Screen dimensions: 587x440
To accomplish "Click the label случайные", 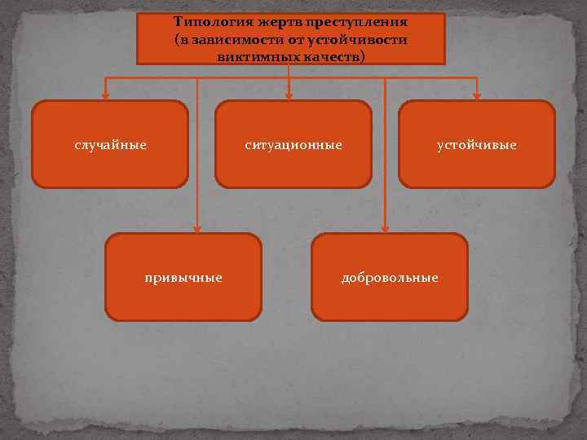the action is (110, 145).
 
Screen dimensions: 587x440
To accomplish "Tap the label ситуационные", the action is (293, 145).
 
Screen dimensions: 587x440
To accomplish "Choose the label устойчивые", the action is (477, 145).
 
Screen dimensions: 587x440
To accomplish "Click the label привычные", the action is (183, 278).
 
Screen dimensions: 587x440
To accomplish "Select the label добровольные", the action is (390, 278).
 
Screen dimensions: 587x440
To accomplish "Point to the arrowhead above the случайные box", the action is (104, 96).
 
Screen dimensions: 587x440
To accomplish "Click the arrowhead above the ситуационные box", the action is (288, 96).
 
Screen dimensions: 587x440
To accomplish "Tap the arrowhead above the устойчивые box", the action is (478, 96).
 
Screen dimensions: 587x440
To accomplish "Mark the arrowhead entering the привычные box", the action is (196, 229).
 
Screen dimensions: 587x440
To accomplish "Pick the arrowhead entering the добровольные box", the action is (384, 229).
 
